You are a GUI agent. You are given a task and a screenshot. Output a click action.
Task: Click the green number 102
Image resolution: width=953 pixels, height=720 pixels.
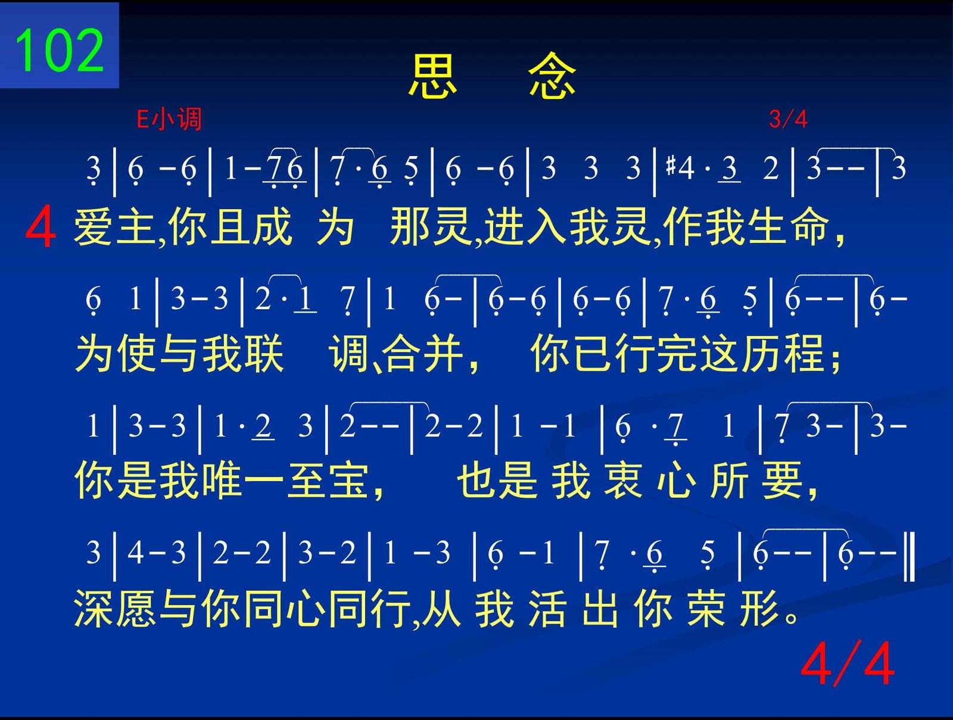(x=60, y=50)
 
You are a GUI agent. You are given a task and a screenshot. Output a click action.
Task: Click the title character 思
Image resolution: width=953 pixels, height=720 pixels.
(x=432, y=76)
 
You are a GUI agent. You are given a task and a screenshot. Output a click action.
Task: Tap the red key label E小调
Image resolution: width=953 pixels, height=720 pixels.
(x=169, y=119)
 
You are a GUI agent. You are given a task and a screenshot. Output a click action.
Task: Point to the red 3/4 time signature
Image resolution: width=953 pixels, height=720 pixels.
(x=788, y=119)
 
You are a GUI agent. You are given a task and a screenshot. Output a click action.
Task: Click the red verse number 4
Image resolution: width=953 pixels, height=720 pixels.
(x=41, y=226)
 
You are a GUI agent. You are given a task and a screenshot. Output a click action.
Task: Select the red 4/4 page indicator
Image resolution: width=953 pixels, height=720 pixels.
(x=847, y=665)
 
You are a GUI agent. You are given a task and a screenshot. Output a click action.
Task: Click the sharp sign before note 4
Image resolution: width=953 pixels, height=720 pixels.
(x=671, y=166)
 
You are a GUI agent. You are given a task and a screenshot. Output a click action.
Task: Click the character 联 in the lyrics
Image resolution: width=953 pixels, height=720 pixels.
(x=263, y=353)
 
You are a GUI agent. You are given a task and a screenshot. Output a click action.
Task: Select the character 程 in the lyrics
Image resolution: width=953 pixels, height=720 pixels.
(x=805, y=353)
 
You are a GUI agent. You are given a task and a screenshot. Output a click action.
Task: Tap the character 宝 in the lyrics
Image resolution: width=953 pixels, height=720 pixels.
(x=348, y=480)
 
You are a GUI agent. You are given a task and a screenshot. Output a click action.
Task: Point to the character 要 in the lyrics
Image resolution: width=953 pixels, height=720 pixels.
(x=782, y=480)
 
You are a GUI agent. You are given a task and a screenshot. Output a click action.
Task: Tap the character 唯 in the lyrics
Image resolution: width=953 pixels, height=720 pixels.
(x=221, y=480)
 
